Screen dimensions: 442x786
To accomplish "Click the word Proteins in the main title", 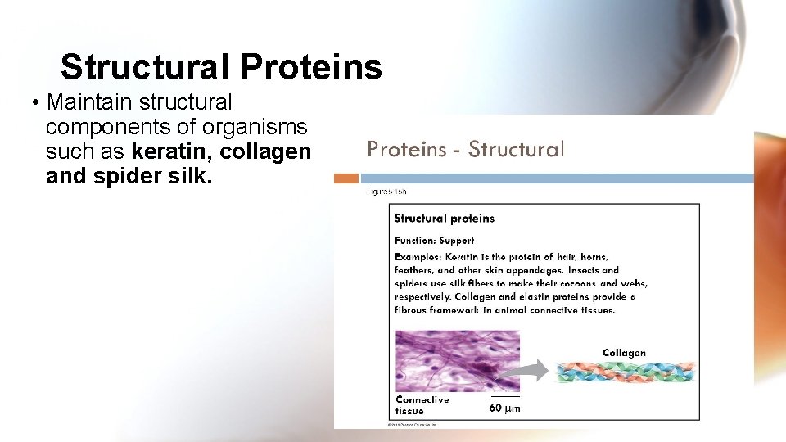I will click(x=311, y=67).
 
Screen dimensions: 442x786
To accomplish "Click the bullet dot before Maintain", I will click(x=36, y=104).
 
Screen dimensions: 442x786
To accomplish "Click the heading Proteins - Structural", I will click(x=465, y=149).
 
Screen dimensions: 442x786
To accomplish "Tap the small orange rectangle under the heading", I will click(x=347, y=178).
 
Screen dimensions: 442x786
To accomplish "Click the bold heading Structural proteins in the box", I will click(x=445, y=219).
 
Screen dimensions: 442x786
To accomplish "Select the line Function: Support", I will click(x=434, y=241).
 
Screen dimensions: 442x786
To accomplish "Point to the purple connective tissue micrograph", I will click(x=457, y=360).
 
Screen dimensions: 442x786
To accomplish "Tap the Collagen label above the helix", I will click(x=624, y=354).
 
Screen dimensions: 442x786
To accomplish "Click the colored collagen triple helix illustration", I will click(x=626, y=372).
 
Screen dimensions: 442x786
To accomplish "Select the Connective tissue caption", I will click(x=422, y=405).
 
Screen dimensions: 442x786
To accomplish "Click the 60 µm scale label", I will click(x=504, y=408).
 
